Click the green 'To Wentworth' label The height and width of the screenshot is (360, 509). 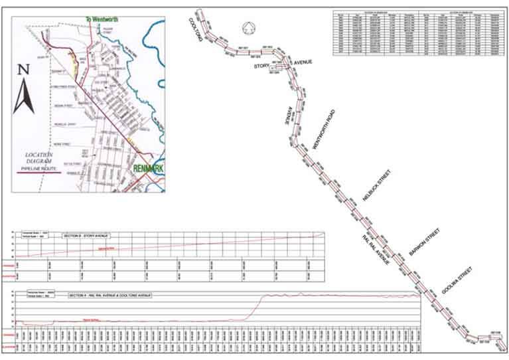[x=100, y=20]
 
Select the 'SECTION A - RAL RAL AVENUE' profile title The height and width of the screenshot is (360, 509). [x=110, y=294]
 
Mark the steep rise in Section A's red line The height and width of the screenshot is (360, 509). [x=255, y=307]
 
